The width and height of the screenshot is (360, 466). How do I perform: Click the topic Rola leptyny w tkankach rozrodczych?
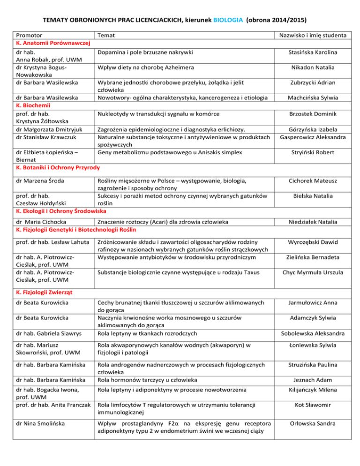click(x=147, y=333)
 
